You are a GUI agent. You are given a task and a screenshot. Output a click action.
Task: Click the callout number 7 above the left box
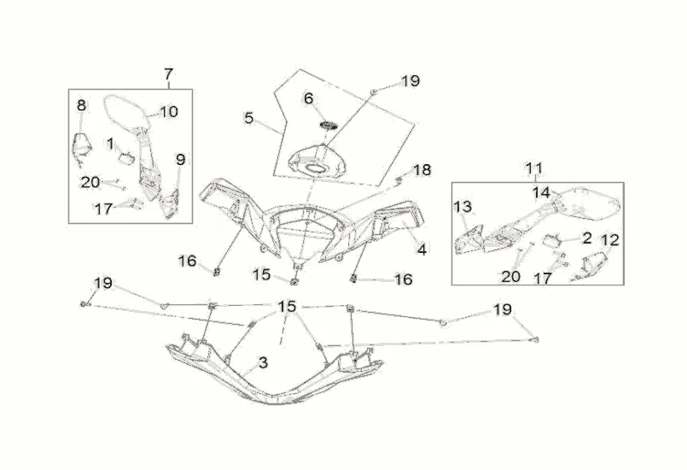click(x=168, y=73)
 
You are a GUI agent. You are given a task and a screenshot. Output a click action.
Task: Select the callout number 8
click(x=82, y=106)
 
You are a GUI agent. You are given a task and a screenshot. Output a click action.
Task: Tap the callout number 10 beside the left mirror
click(x=168, y=111)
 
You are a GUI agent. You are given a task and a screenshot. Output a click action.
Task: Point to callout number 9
click(x=180, y=159)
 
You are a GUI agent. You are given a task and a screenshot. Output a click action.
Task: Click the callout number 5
click(x=249, y=119)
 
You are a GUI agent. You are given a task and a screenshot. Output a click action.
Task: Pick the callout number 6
click(x=309, y=99)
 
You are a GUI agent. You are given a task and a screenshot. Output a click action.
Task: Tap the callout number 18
click(x=422, y=170)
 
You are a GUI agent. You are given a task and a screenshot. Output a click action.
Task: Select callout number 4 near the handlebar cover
click(x=421, y=250)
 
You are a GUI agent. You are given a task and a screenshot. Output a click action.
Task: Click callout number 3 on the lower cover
click(x=263, y=362)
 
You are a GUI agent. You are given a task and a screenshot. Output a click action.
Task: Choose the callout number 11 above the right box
click(x=534, y=167)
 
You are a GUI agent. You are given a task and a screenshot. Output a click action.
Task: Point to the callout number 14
click(x=542, y=192)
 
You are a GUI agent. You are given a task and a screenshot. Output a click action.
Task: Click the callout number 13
click(x=462, y=207)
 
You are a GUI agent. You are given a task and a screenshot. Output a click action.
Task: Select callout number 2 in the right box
click(x=587, y=238)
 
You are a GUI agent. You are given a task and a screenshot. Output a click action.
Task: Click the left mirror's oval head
click(x=124, y=110)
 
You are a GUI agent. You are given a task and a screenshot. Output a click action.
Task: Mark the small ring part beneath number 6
click(x=329, y=126)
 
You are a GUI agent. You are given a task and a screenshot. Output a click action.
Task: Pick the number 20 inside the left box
click(x=90, y=181)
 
